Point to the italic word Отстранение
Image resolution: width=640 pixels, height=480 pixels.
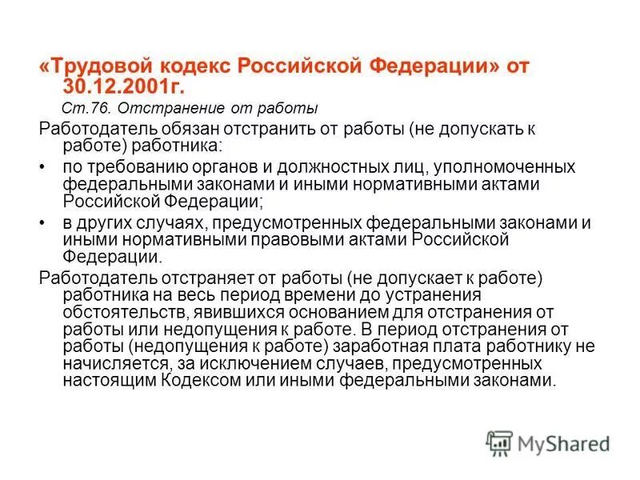pos(153,108)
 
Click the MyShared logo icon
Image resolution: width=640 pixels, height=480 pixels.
pos(499,442)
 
